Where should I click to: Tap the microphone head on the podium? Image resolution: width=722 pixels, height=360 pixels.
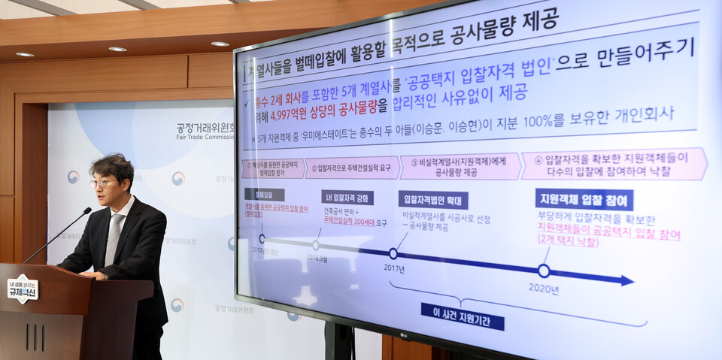[x=87, y=211]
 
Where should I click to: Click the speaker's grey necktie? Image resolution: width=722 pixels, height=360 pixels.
[x=114, y=238]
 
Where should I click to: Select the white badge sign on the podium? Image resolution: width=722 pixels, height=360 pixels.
[x=23, y=288]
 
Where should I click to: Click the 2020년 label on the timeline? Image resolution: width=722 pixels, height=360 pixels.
[x=543, y=288]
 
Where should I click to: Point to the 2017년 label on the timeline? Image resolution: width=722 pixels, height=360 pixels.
[x=393, y=268]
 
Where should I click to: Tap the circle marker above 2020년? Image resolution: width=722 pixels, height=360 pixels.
[x=544, y=271]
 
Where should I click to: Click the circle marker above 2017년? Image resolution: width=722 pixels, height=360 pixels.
[x=393, y=253]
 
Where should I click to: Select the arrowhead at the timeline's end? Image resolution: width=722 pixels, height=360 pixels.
[x=625, y=280]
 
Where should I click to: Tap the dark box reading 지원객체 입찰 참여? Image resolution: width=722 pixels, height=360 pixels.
[x=584, y=198]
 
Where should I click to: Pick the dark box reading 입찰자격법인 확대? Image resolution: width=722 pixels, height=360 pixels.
[x=433, y=199]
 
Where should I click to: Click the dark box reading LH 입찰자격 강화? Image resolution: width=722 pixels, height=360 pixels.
[x=347, y=197]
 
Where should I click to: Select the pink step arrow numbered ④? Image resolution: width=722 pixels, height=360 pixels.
[x=613, y=163]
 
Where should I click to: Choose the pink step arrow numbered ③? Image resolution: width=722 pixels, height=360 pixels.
[x=460, y=166]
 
